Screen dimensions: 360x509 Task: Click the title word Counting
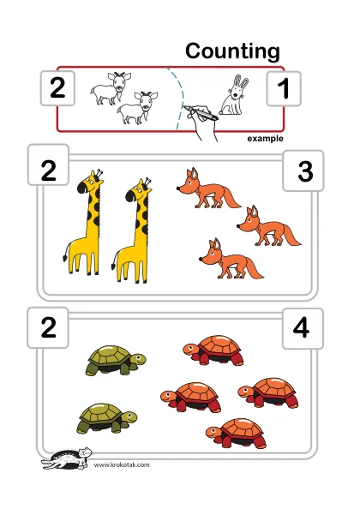[232, 51]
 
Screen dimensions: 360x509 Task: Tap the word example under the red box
[265, 139]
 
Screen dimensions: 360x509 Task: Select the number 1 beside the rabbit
[284, 88]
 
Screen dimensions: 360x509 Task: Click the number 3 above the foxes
[305, 171]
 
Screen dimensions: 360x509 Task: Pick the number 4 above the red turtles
[301, 328]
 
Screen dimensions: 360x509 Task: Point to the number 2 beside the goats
[57, 88]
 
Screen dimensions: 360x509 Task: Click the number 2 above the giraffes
[48, 171]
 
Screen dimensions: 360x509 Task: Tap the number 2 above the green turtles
[48, 328]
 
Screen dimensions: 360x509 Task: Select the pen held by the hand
[201, 112]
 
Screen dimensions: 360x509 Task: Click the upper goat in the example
[111, 88]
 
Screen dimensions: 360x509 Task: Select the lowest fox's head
[210, 252]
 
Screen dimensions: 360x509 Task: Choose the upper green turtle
[116, 361]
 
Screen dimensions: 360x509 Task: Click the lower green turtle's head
[130, 417]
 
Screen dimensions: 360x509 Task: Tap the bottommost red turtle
[236, 433]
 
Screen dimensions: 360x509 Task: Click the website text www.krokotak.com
[122, 464]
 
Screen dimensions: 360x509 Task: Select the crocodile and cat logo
[67, 458]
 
